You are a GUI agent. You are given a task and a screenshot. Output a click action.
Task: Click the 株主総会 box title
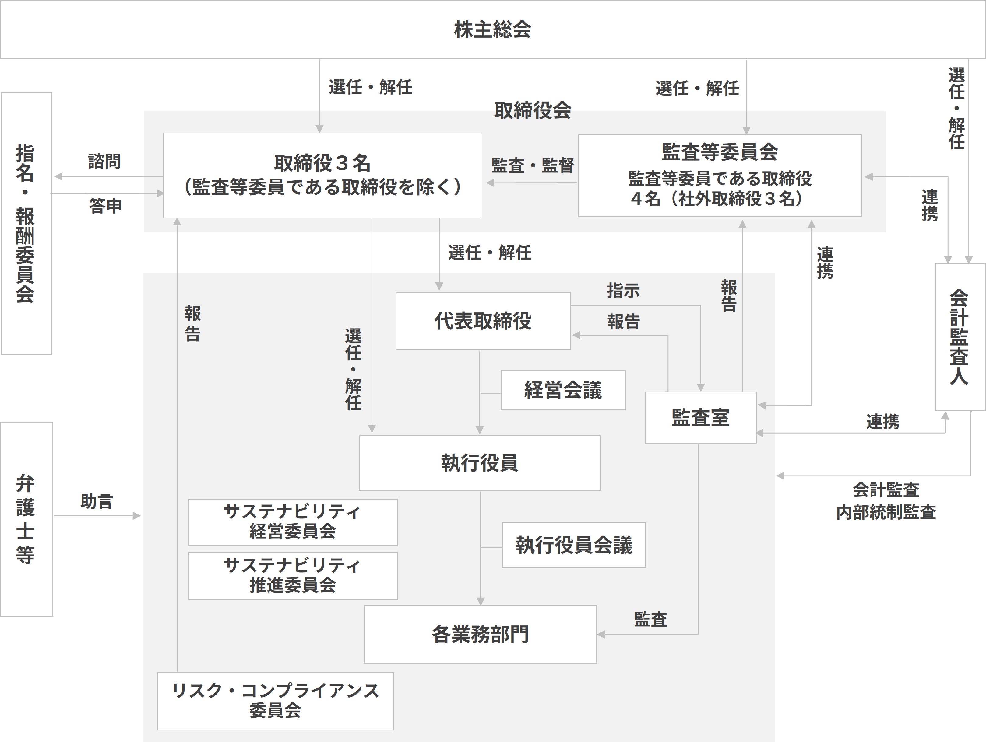coord(493,30)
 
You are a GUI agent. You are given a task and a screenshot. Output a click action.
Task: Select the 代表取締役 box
coord(483,321)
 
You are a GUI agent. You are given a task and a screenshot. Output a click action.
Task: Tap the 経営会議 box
coord(563,390)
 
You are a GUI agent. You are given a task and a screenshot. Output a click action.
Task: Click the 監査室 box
coord(701,418)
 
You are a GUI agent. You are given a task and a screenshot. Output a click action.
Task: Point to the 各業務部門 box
coord(481,634)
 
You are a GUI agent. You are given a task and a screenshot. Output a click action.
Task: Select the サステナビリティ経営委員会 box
coord(293,522)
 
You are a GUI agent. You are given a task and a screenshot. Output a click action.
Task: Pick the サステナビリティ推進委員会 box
coord(293,576)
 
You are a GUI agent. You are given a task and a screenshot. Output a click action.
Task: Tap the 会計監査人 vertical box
coord(960,337)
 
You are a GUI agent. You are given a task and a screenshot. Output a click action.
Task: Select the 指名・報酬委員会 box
coord(26,224)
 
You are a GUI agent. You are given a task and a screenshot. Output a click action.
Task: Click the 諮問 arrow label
coord(105,161)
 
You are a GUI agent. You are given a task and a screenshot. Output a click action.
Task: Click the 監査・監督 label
coord(533,165)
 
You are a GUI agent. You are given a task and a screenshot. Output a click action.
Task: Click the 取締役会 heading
coord(533,110)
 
